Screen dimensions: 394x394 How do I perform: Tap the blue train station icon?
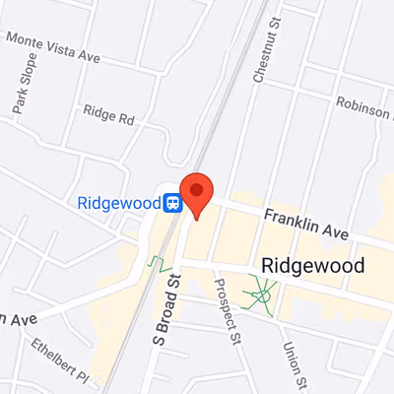(173, 203)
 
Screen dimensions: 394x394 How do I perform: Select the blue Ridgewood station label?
(118, 203)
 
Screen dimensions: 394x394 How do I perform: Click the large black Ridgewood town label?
(313, 266)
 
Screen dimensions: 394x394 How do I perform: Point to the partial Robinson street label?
(364, 106)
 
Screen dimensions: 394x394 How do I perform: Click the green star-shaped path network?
(261, 291)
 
